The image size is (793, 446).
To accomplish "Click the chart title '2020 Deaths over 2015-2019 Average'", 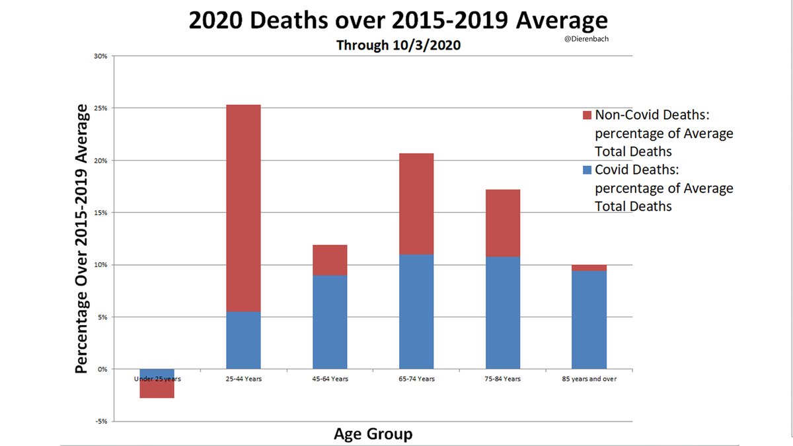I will pos(397,20).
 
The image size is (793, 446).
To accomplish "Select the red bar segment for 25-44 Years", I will pos(243,207).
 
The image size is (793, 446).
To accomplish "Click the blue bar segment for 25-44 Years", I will pos(243,340).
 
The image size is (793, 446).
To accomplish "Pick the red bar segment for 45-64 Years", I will pos(330,260).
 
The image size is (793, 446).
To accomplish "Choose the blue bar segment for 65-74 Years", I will pos(416,311).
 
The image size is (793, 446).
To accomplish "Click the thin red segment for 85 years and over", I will pos(589,268).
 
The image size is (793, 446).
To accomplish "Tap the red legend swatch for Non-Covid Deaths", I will pos(587,115).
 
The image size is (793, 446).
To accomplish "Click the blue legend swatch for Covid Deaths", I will pos(587,170).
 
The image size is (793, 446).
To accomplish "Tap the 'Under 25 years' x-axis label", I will pos(157,379).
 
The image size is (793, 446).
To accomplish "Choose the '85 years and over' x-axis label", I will pos(589,379).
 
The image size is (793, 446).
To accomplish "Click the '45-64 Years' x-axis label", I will pos(330,379).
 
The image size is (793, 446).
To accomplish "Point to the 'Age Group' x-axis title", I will pos(373,434).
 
